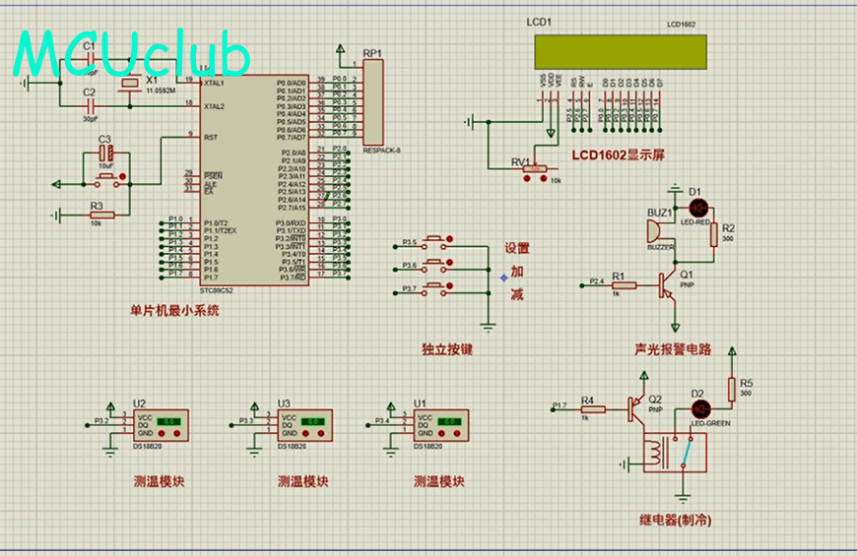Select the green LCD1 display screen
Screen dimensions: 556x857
tap(621, 52)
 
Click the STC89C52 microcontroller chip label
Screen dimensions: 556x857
tap(216, 291)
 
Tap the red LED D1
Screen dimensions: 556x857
tap(698, 208)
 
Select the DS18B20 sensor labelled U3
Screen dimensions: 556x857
tap(306, 426)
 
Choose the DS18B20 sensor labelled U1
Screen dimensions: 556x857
tap(440, 426)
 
